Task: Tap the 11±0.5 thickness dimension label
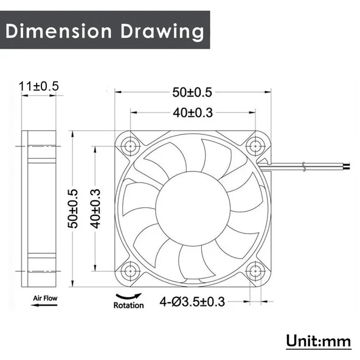pyautogui.click(x=40, y=87)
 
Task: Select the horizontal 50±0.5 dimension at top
pyautogui.click(x=192, y=92)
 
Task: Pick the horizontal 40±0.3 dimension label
pyautogui.click(x=192, y=112)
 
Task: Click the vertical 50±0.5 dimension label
pyautogui.click(x=74, y=209)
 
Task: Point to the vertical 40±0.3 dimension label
pyautogui.click(x=94, y=208)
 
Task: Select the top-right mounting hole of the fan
pyautogui.click(x=254, y=147)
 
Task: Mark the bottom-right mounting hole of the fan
pyautogui.click(x=254, y=269)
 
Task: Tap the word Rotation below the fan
pyautogui.click(x=128, y=305)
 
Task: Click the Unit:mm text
pyautogui.click(x=318, y=341)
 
